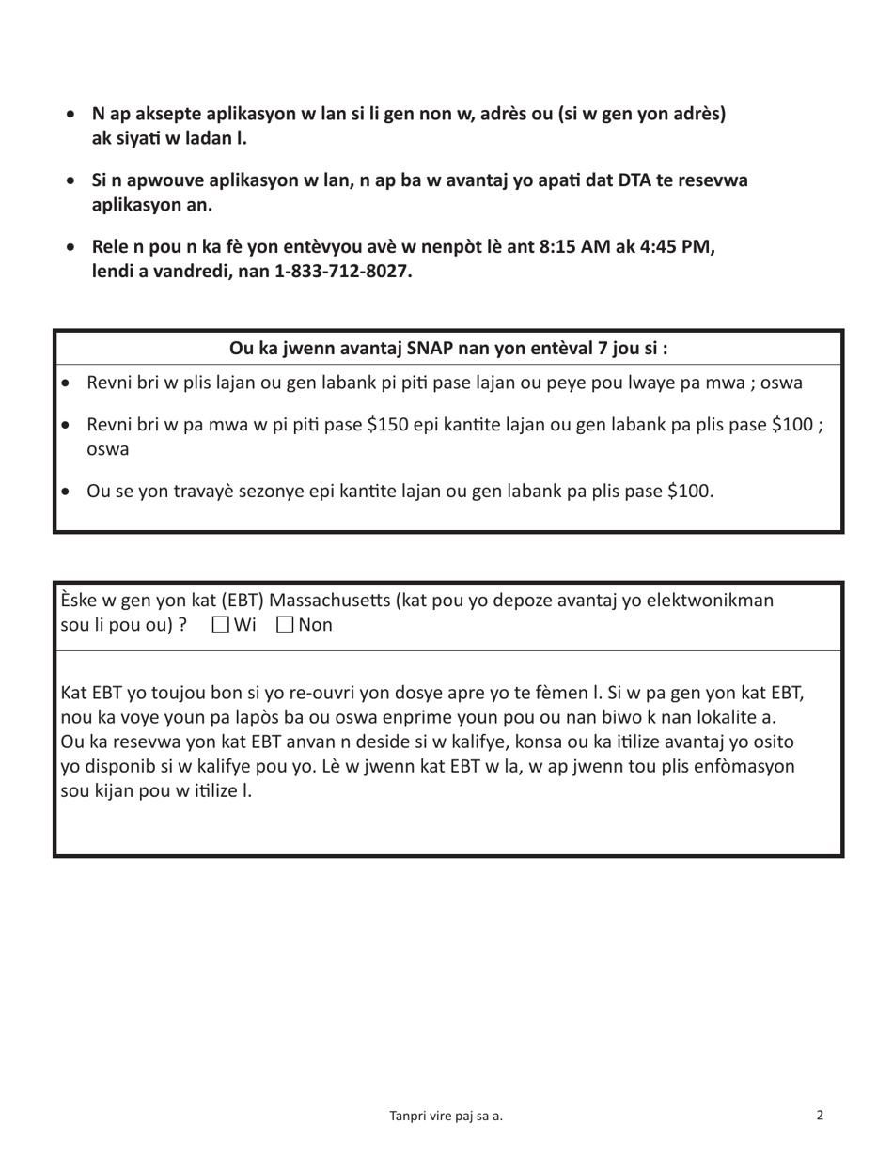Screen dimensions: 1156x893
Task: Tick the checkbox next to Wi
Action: coord(220,625)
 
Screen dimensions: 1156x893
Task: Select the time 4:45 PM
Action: coord(676,249)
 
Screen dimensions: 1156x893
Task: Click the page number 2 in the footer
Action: coord(820,1116)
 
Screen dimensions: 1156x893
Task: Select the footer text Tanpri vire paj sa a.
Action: coord(446,1117)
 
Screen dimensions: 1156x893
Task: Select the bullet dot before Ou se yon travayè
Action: coord(65,492)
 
